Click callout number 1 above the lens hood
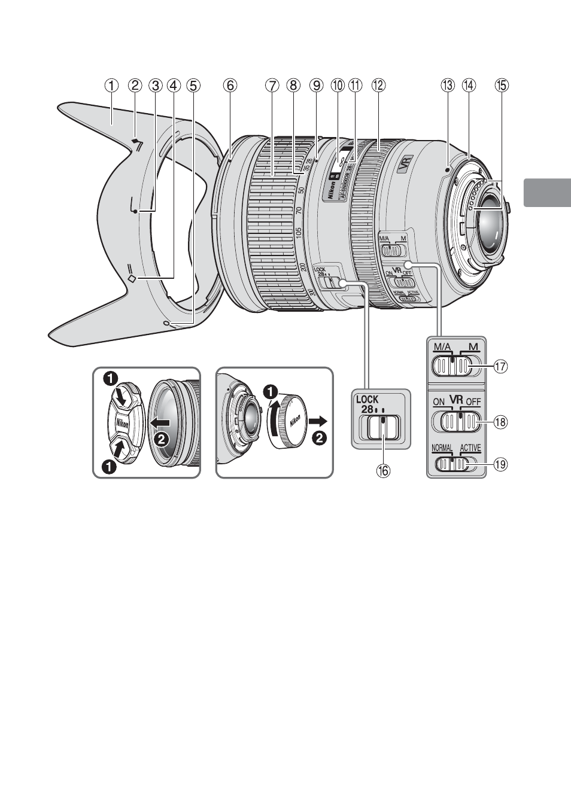pyautogui.click(x=111, y=86)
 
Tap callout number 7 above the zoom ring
pyautogui.click(x=272, y=86)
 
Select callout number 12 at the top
pyautogui.click(x=378, y=86)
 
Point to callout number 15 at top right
pyautogui.click(x=500, y=86)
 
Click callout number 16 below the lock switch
pyautogui.click(x=382, y=470)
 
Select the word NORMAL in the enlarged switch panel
pyautogui.click(x=442, y=448)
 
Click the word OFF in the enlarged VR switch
pyautogui.click(x=473, y=402)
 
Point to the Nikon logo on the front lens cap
pyautogui.click(x=122, y=422)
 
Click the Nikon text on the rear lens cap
pyautogui.click(x=295, y=422)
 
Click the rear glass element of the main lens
pyautogui.click(x=486, y=232)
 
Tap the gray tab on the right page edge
pyautogui.click(x=547, y=192)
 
